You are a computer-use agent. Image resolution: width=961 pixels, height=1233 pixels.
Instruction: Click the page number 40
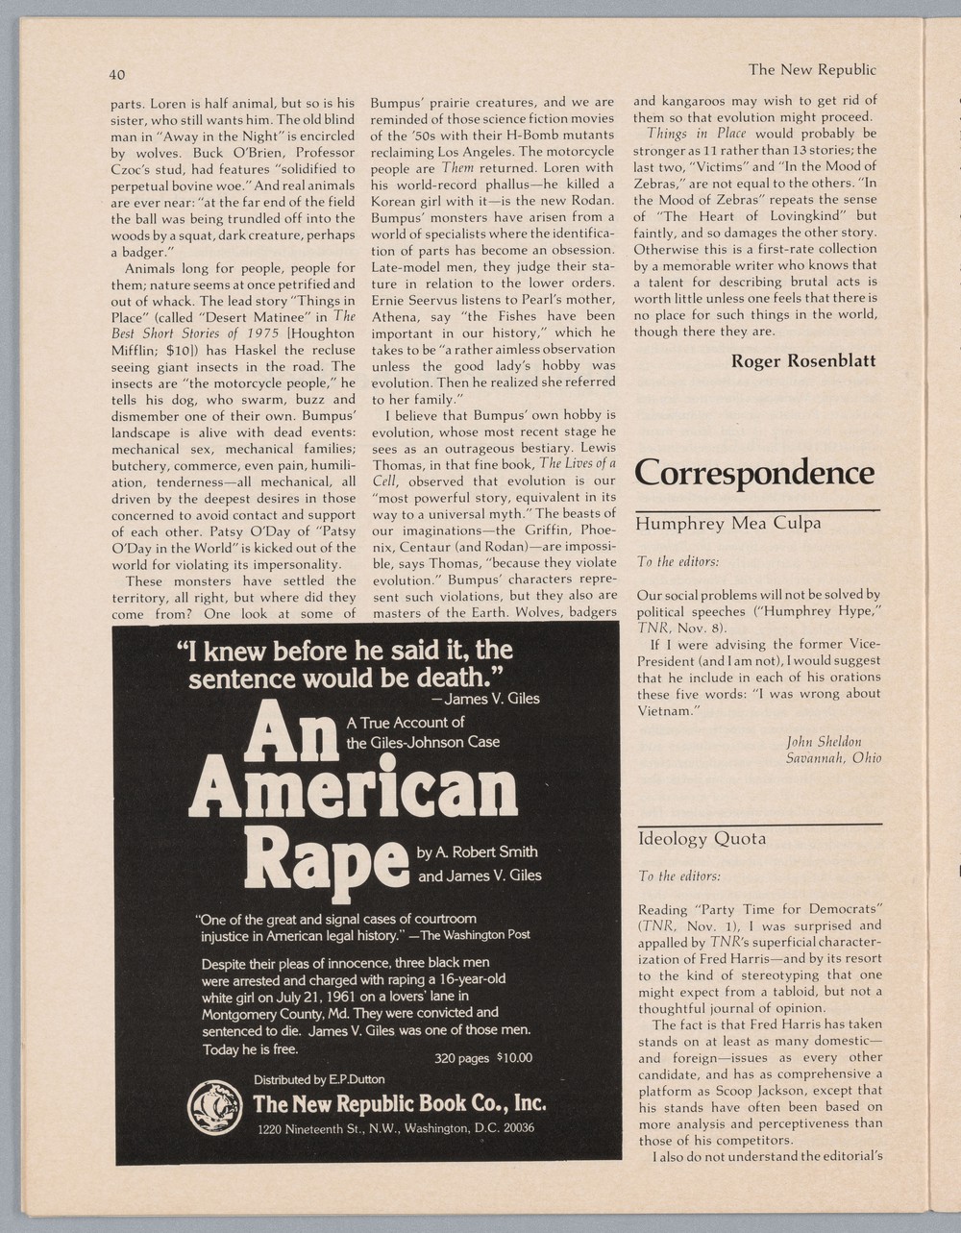116,75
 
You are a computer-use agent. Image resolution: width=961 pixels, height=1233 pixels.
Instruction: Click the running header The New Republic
812,69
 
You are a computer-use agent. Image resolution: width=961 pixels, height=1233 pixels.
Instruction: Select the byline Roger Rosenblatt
802,361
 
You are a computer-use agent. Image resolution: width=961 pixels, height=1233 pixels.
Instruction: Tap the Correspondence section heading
754,473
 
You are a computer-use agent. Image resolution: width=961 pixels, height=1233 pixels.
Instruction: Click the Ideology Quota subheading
702,839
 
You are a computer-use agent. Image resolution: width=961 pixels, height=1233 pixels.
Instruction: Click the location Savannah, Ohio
833,757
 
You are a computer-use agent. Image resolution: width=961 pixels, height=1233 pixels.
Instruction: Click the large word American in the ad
353,787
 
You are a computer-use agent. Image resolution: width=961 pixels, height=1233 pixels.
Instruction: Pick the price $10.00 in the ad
513,1058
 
